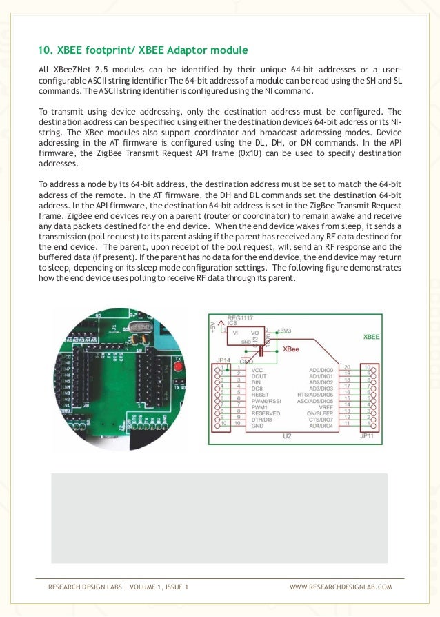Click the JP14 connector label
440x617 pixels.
coord(224,360)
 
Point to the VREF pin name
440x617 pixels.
coord(323,407)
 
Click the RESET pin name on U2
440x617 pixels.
coord(261,394)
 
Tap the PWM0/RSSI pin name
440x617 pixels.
coord(267,400)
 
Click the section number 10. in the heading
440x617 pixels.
coord(45,50)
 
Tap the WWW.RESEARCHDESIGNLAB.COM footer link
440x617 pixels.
coord(340,587)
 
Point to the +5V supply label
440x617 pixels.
coord(212,326)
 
